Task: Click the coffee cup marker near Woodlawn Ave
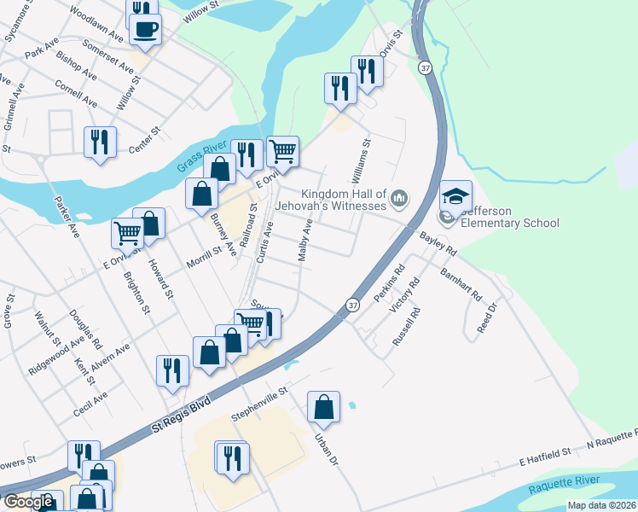tap(145, 28)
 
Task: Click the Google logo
tap(28, 502)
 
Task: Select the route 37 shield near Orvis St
tap(424, 67)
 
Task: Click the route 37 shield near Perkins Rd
tap(351, 304)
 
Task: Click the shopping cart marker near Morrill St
tap(127, 231)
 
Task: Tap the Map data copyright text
tap(588, 505)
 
